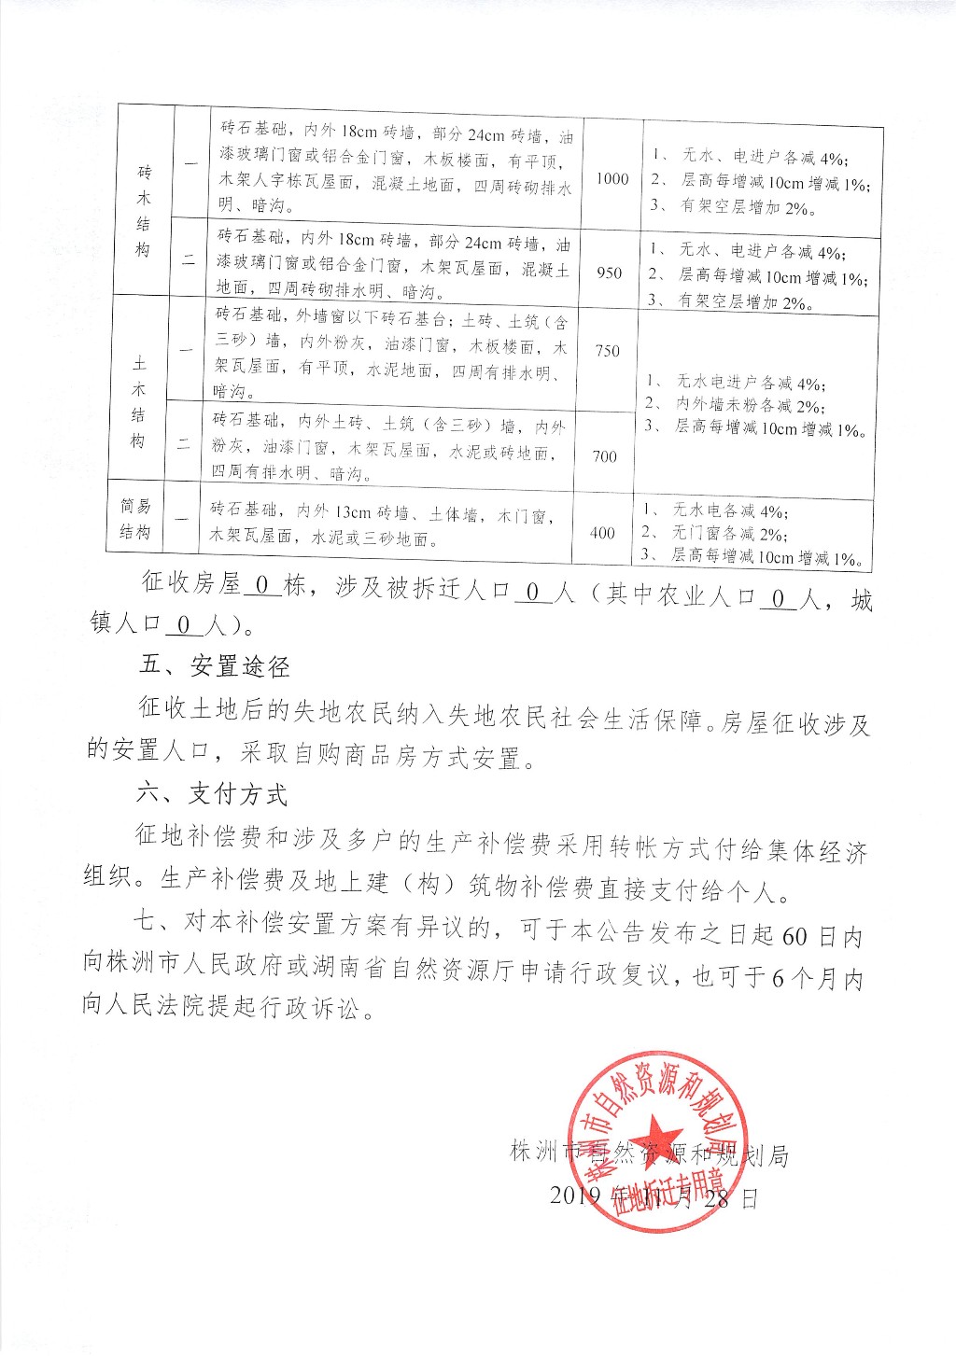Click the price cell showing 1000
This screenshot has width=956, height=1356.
612,179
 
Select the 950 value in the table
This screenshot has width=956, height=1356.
609,273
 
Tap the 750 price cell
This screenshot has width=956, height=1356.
607,351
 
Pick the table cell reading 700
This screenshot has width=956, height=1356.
605,456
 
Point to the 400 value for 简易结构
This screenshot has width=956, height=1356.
602,533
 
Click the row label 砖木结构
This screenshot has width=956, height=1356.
143,212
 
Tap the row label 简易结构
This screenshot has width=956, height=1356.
135,520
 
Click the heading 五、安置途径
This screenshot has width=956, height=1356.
214,666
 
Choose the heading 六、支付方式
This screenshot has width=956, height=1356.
212,794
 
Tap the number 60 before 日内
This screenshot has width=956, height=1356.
794,936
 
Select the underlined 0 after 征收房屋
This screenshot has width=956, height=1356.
262,585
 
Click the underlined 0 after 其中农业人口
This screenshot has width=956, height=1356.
779,594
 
